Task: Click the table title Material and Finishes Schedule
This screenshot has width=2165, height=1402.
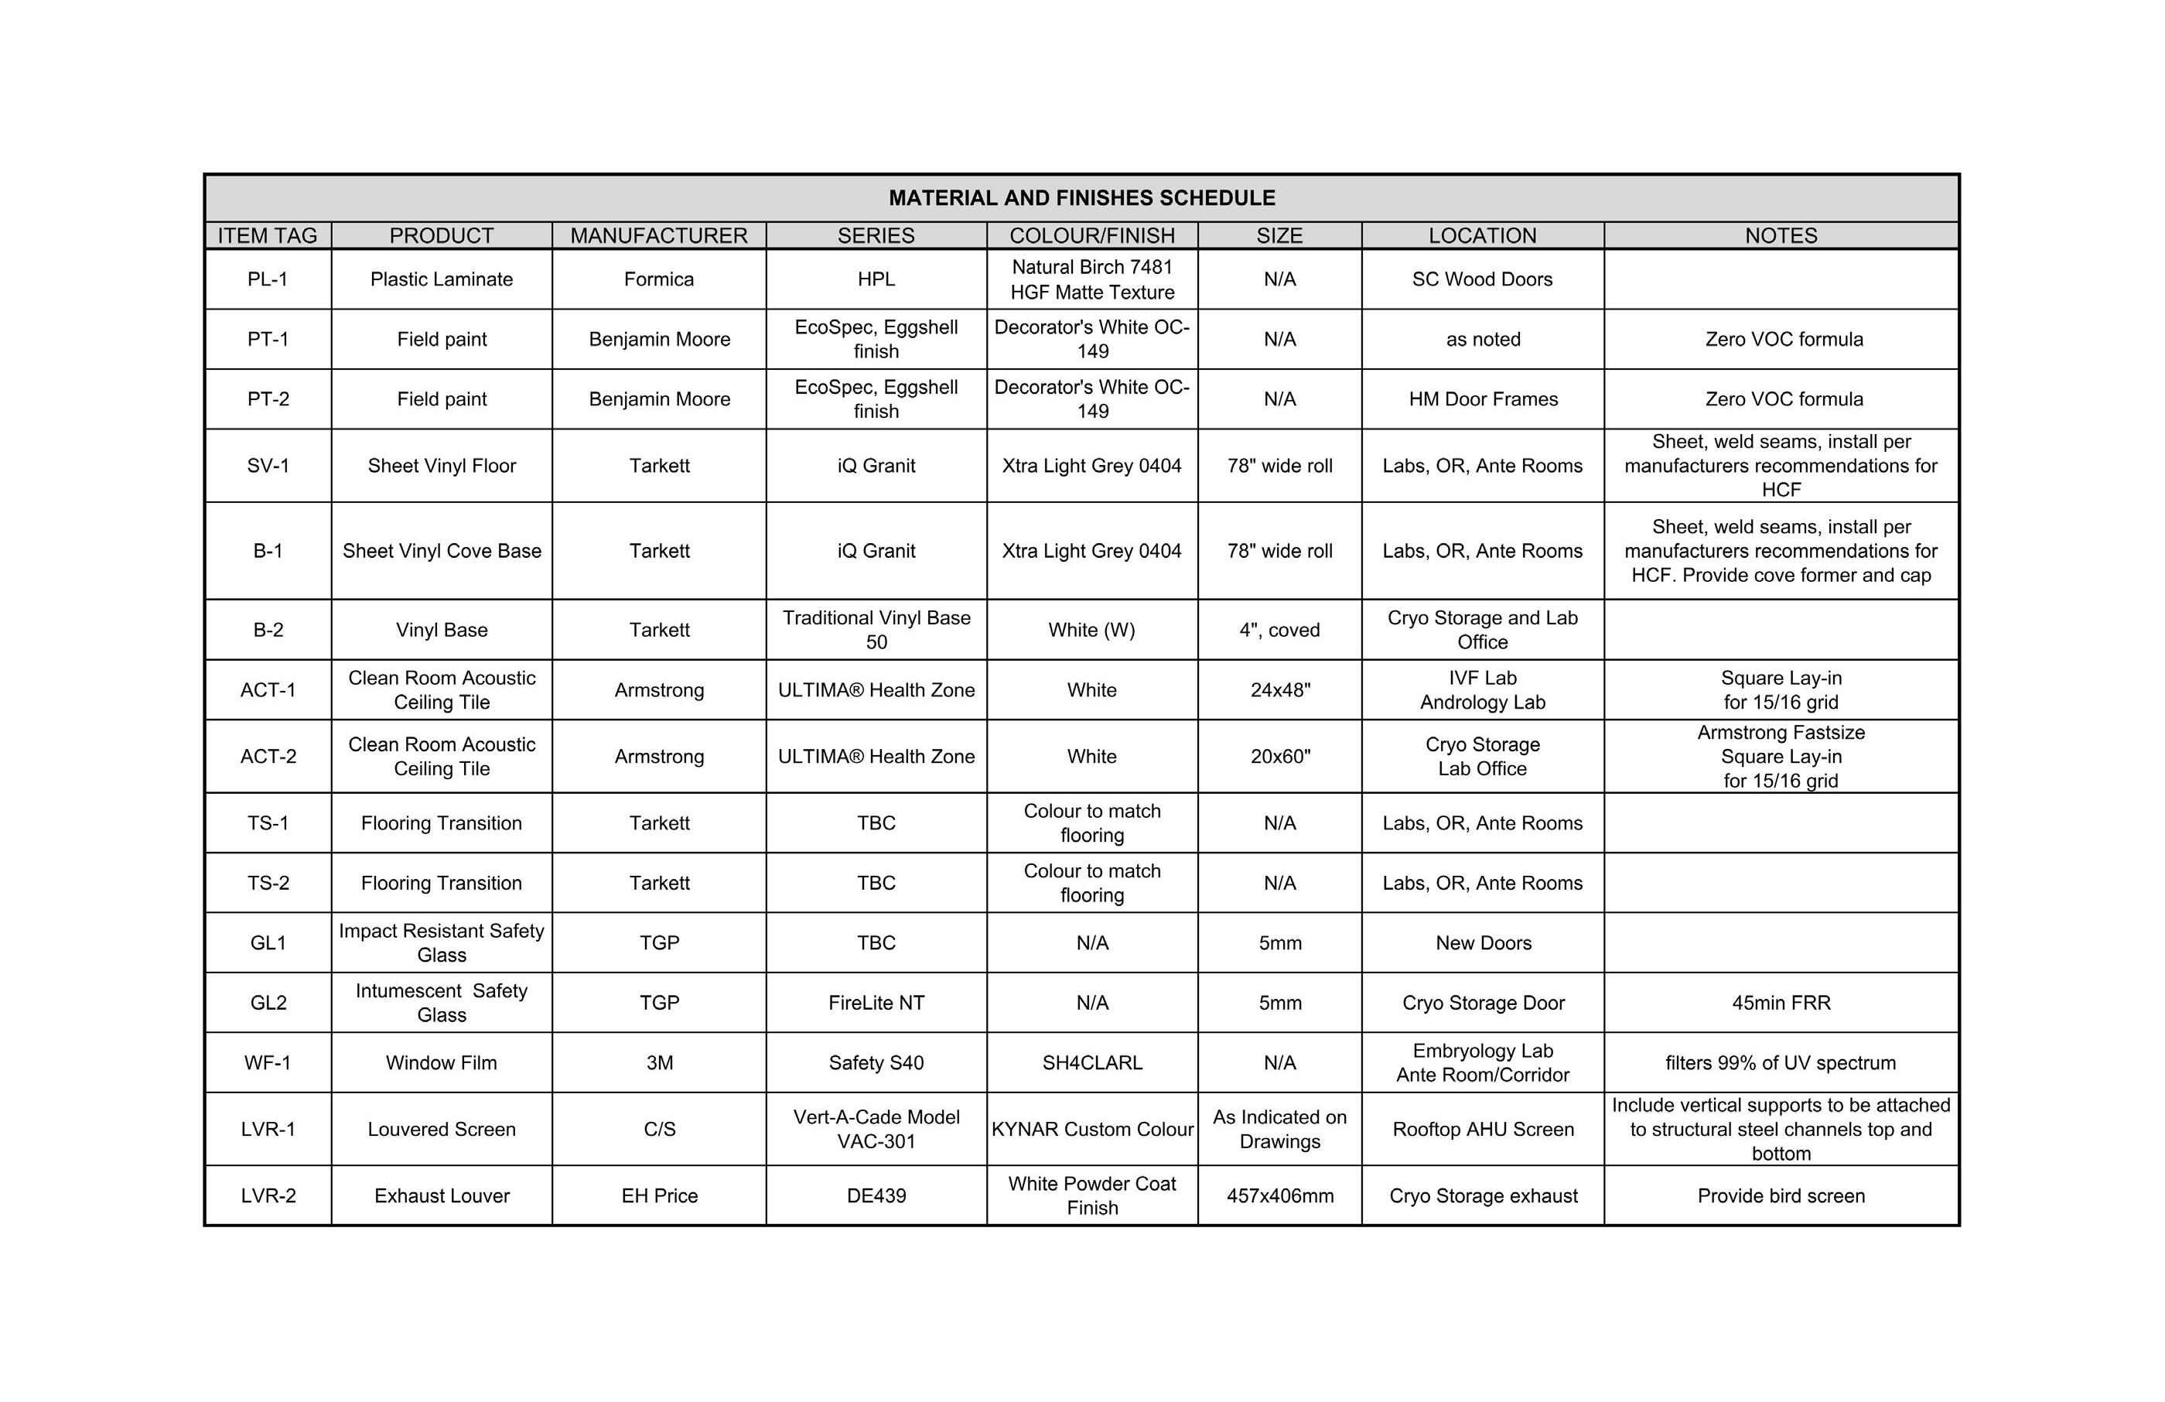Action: tap(1081, 198)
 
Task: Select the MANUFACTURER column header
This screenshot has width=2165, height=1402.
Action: tap(658, 236)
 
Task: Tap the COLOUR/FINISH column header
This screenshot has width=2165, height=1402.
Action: tap(1091, 236)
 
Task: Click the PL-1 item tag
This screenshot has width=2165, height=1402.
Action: tap(268, 279)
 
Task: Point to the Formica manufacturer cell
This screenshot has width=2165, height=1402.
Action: tap(658, 279)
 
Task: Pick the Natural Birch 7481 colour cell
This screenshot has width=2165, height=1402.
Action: tap(1091, 279)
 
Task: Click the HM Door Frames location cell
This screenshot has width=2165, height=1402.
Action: tap(1483, 399)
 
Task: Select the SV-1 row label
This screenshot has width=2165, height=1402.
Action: tap(268, 466)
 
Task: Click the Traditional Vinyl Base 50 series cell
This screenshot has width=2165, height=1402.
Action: tap(876, 630)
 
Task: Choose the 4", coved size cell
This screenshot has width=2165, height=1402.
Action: tap(1279, 631)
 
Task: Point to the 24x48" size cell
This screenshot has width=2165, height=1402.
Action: tap(1280, 690)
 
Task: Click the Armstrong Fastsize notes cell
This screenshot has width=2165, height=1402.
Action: tap(1781, 756)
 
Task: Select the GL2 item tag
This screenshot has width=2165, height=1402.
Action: tap(268, 1003)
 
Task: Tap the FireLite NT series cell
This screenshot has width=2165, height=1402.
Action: tap(876, 1003)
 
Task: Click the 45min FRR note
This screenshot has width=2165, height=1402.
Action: tap(1781, 1003)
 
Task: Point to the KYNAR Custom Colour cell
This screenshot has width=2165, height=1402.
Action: tap(1091, 1129)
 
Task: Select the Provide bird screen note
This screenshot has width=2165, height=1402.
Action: tap(1781, 1195)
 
